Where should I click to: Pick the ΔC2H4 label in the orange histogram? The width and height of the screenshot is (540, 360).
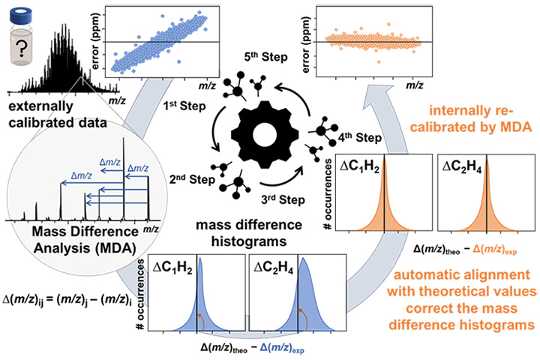tap(460, 167)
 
